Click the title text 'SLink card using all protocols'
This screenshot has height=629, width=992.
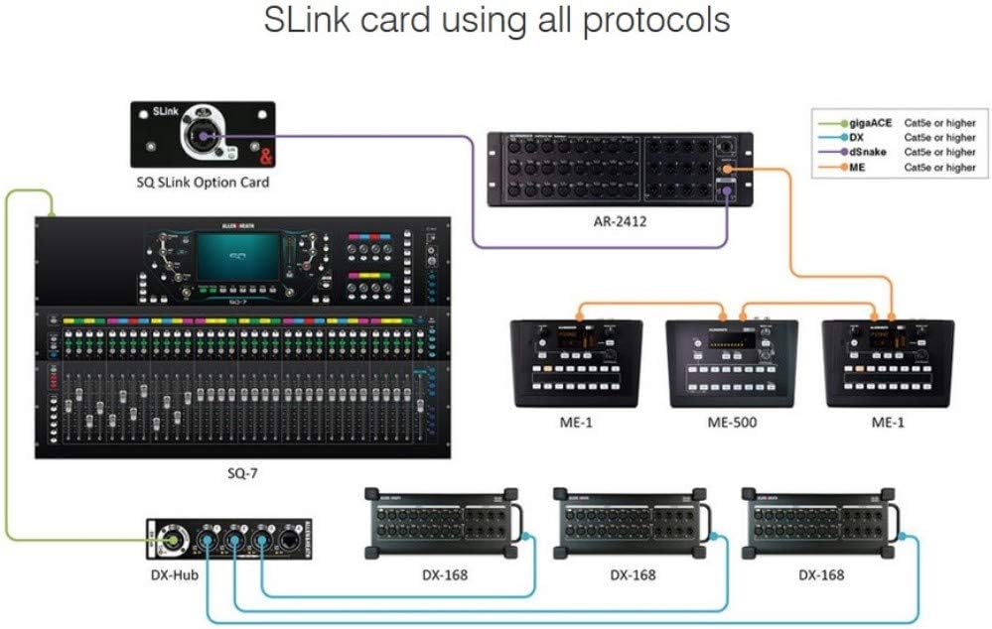[x=496, y=21]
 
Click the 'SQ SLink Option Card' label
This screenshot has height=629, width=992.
[x=202, y=182]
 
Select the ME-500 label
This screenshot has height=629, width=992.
[x=732, y=423]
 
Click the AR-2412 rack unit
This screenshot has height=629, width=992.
[x=620, y=170]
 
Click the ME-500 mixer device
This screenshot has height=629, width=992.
[x=733, y=363]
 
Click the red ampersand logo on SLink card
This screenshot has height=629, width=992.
[x=265, y=155]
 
